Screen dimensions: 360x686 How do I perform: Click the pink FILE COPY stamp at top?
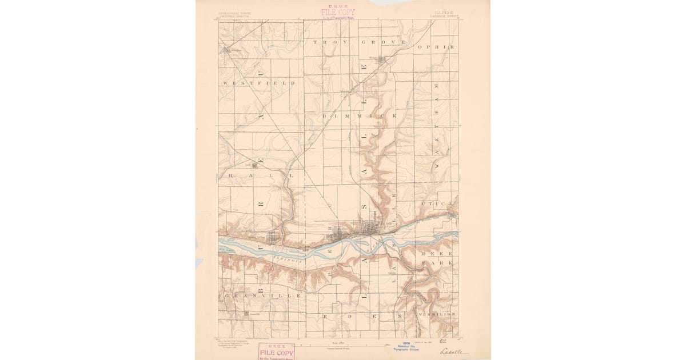[x=338, y=11]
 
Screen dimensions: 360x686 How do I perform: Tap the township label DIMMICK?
[x=360, y=116]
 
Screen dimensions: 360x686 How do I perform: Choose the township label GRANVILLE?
[x=263, y=296]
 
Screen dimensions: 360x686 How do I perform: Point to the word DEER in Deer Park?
[x=437, y=253]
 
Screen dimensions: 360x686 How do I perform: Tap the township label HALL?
[x=261, y=176]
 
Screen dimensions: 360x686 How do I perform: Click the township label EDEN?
[x=362, y=315]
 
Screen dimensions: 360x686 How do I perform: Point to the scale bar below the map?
[x=343, y=345]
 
